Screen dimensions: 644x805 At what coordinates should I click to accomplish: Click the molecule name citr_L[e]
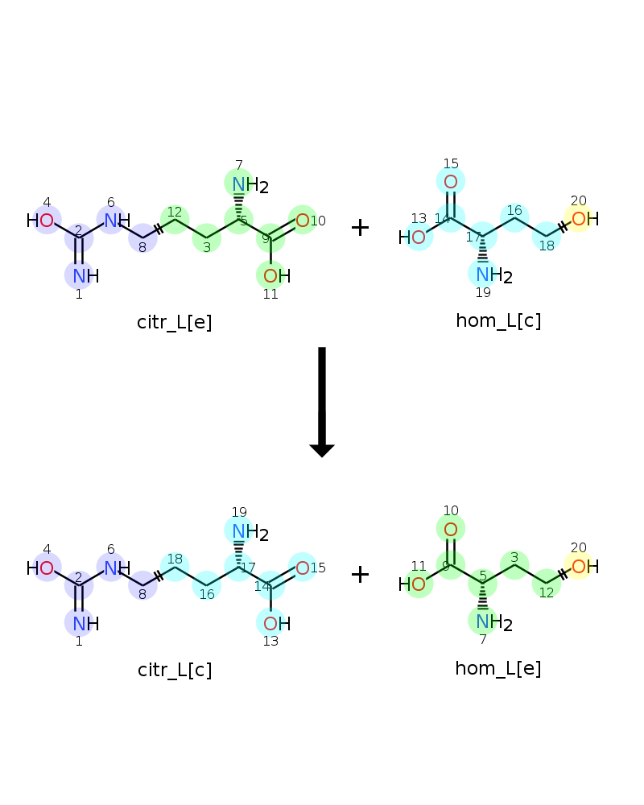(x=174, y=323)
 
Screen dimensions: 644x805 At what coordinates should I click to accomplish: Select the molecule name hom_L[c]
(x=498, y=320)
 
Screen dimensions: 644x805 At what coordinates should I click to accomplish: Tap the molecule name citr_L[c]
(x=175, y=670)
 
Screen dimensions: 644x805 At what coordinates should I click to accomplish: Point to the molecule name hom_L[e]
(x=498, y=668)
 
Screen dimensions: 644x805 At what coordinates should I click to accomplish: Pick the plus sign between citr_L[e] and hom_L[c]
(x=360, y=227)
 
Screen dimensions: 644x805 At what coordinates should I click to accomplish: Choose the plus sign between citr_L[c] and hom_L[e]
(x=360, y=574)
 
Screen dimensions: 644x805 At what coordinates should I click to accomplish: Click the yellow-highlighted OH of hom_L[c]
(x=585, y=219)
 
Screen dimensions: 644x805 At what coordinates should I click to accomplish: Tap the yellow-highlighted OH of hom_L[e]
(x=585, y=567)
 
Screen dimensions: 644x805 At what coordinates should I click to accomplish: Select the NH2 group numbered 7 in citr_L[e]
(x=250, y=184)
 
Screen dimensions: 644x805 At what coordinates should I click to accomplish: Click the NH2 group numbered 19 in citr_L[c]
(x=250, y=532)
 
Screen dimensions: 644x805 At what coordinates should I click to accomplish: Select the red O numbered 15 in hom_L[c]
(x=450, y=182)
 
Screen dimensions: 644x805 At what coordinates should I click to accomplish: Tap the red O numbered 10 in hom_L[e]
(x=450, y=530)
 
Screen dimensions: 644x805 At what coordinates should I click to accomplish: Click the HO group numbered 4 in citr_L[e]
(x=40, y=221)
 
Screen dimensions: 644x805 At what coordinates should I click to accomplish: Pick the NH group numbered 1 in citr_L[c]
(x=86, y=624)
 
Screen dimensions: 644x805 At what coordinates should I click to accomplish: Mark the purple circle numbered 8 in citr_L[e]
(x=142, y=239)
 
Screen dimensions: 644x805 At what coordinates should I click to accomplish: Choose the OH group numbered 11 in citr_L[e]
(x=277, y=276)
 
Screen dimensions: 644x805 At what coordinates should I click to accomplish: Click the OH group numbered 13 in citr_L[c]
(x=277, y=624)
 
